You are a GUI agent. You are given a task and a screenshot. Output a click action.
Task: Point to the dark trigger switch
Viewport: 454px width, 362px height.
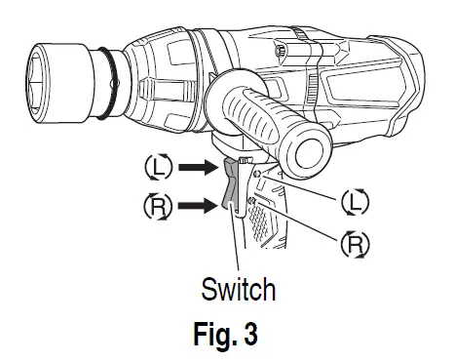[x=231, y=185]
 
